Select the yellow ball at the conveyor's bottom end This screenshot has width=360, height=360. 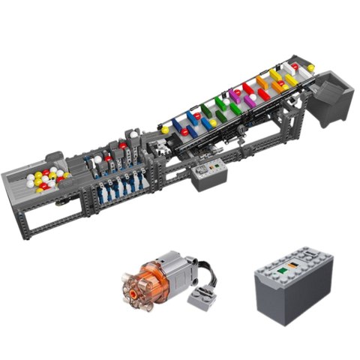[165, 130]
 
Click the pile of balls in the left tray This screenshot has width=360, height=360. [46, 180]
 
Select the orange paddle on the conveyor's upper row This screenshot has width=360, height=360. [262, 82]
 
